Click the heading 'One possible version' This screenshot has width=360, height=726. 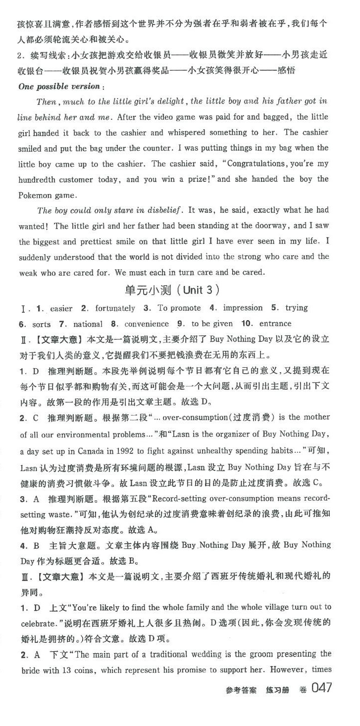coord(59,86)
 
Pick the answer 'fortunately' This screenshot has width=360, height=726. coord(114,308)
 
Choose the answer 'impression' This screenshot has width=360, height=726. coord(243,308)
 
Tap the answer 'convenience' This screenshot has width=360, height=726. coord(147,324)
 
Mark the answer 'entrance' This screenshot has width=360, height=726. coord(275,324)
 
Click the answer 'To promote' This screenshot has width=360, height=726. coord(179,308)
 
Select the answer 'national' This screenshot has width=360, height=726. coord(88,325)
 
